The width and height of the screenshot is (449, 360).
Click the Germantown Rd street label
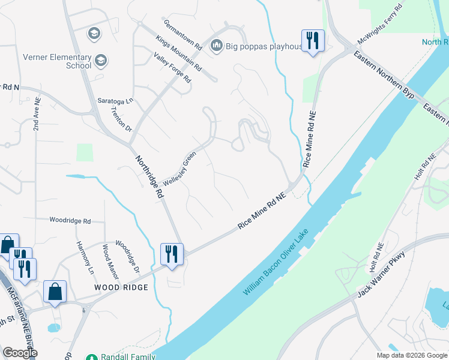click(182, 34)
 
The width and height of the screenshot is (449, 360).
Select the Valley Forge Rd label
click(172, 68)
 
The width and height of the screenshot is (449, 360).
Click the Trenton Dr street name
click(121, 120)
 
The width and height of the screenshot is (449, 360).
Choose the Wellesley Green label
click(180, 169)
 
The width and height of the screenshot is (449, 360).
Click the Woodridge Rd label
click(70, 221)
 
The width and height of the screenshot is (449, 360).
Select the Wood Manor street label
click(109, 257)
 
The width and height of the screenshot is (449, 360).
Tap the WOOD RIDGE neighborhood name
click(121, 288)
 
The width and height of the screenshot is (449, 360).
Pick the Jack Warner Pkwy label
click(382, 274)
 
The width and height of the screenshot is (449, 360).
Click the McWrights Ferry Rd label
click(379, 25)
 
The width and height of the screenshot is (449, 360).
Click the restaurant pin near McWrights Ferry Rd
click(312, 41)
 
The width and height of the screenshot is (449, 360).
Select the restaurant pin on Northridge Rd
click(172, 254)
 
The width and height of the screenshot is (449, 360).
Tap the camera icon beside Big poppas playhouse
click(217, 46)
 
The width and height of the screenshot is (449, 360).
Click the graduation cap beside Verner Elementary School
click(101, 60)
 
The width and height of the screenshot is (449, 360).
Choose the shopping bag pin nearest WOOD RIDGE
click(55, 292)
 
